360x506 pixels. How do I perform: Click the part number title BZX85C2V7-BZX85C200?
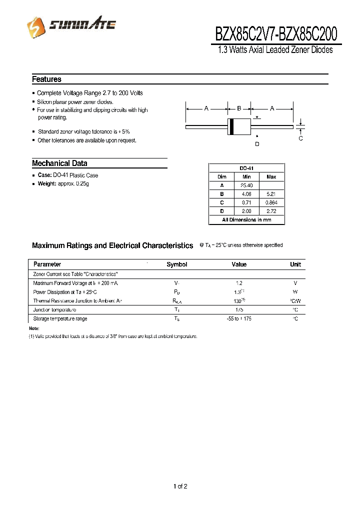pyautogui.click(x=276, y=34)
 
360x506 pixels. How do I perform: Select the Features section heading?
pyautogui.click(x=46, y=79)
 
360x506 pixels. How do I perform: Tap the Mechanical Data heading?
pyautogui.click(x=59, y=163)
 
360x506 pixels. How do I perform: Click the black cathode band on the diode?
pyautogui.click(x=231, y=127)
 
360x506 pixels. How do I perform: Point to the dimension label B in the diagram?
pyautogui.click(x=239, y=108)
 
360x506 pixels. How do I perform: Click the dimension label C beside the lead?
pyautogui.click(x=300, y=138)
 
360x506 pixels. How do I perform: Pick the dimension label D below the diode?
pyautogui.click(x=257, y=144)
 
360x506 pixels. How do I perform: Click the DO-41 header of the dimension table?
pyautogui.click(x=246, y=168)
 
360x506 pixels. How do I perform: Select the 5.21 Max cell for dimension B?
pyautogui.click(x=271, y=194)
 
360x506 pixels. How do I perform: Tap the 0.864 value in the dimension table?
pyautogui.click(x=271, y=202)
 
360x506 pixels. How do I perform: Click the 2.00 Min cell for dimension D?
pyautogui.click(x=246, y=211)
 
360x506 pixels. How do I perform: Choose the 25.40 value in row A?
pyautogui.click(x=246, y=185)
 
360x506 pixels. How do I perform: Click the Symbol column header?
pyautogui.click(x=176, y=264)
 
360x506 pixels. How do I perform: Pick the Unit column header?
pyautogui.click(x=295, y=264)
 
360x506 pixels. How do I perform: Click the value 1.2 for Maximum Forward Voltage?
pyautogui.click(x=239, y=283)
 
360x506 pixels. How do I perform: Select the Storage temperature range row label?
pyautogui.click(x=60, y=318)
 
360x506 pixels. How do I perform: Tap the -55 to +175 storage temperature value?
pyautogui.click(x=239, y=318)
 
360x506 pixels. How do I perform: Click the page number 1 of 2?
pyautogui.click(x=180, y=486)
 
